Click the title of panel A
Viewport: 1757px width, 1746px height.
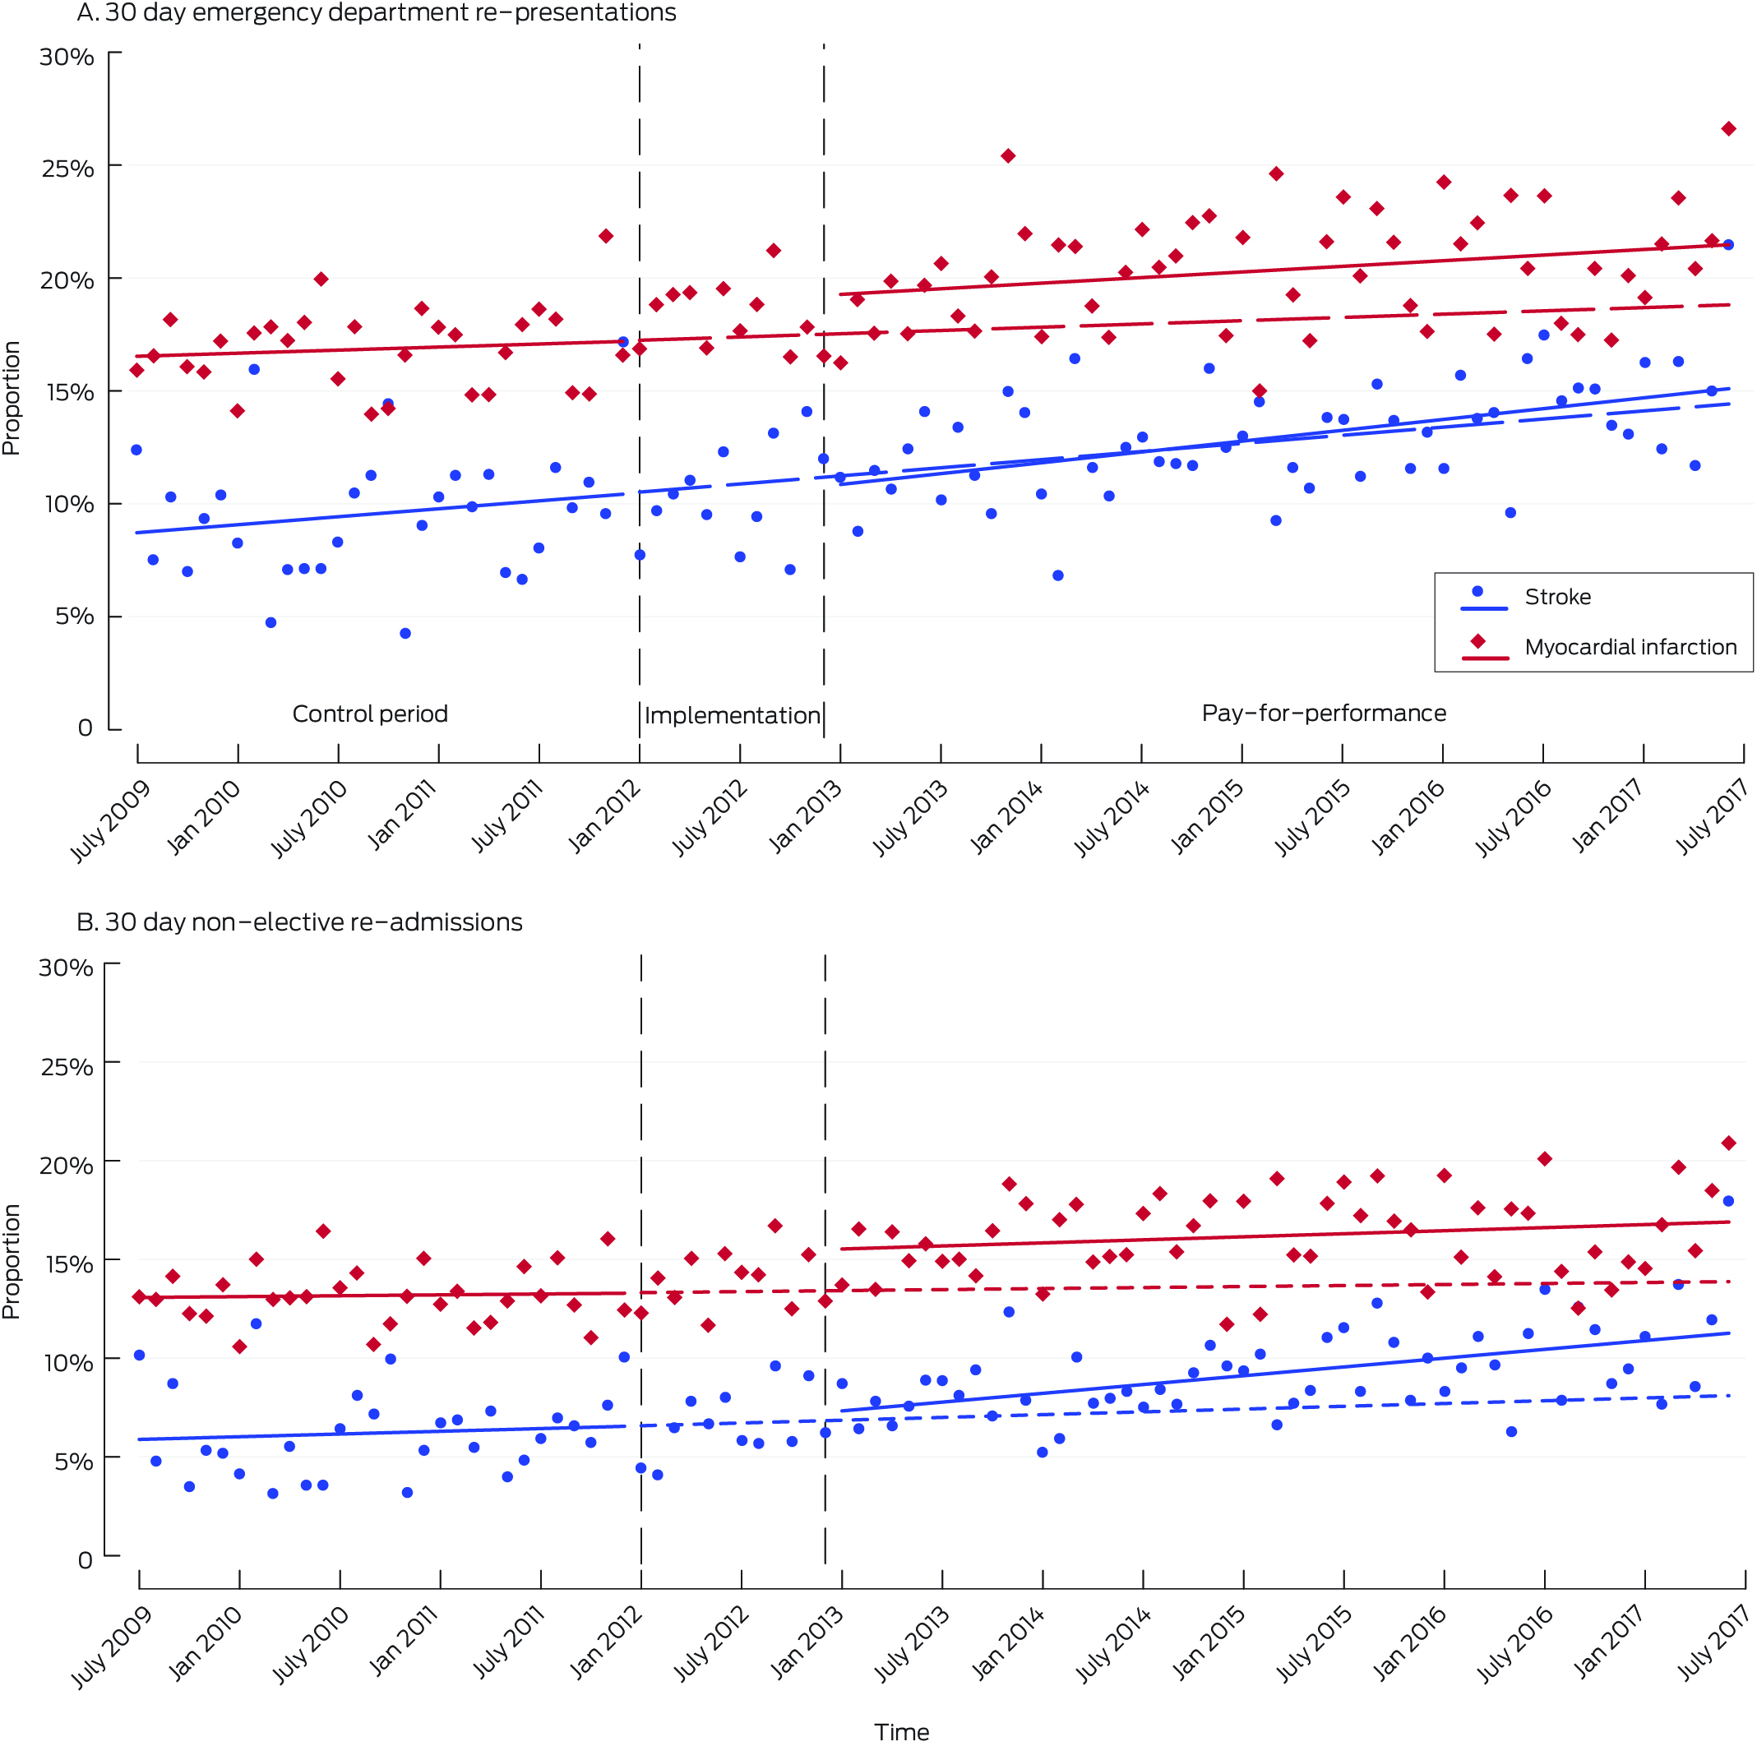pos(377,12)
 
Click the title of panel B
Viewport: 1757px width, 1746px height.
pos(299,922)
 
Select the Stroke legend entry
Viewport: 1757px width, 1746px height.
pos(1557,598)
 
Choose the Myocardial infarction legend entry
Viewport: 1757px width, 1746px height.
pos(1630,648)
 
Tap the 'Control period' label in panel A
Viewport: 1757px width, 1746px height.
pos(370,714)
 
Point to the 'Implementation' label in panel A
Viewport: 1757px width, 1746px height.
pos(732,716)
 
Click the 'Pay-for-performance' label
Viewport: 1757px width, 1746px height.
pos(1323,713)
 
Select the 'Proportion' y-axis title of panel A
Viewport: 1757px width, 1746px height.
pos(11,397)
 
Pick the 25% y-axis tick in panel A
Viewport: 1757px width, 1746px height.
pos(67,169)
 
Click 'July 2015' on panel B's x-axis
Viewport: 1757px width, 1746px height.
pos(1313,1644)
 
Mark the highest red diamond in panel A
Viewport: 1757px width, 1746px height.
pos(1728,129)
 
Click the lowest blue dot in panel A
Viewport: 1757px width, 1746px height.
pos(405,634)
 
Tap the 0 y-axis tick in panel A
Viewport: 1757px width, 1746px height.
pos(85,728)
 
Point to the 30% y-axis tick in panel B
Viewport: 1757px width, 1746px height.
pos(67,968)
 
